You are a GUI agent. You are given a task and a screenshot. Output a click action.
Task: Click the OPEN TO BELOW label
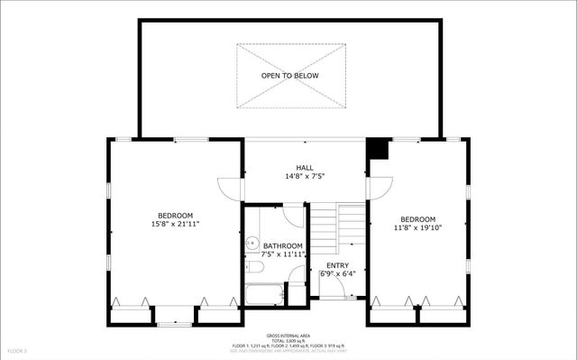click(290, 76)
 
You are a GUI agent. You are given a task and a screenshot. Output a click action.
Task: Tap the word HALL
click(305, 168)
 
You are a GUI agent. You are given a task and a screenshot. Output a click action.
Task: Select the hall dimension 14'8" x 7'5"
click(305, 177)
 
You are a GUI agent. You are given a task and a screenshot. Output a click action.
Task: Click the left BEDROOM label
click(175, 215)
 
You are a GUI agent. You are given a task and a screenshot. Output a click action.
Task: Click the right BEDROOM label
click(417, 219)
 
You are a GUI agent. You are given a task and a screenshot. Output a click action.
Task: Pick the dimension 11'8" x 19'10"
click(417, 228)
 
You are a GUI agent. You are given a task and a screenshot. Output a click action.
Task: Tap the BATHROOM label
click(283, 246)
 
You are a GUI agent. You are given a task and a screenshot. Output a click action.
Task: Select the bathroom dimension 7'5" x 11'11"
click(283, 255)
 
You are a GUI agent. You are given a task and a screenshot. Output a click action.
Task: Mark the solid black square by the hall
click(378, 149)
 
